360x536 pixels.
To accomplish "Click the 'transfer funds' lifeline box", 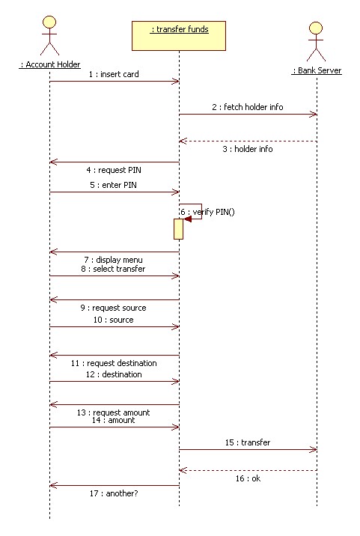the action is click(179, 36).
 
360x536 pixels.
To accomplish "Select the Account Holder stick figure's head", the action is click(49, 22).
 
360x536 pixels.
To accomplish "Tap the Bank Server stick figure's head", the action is click(316, 28).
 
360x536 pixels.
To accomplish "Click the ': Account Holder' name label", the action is click(50, 64).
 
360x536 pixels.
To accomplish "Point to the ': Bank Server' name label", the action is click(317, 70).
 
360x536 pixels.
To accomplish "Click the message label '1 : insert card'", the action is click(114, 74).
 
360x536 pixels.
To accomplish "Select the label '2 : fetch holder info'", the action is click(248, 107).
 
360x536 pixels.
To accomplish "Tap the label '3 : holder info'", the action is click(248, 149).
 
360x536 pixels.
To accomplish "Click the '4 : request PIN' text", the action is click(114, 170).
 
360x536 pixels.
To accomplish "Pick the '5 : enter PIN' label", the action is click(114, 185).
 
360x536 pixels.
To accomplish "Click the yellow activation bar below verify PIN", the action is click(178, 229).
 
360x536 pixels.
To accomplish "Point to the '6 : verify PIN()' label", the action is click(207, 212).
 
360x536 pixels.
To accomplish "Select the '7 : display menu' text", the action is click(114, 260).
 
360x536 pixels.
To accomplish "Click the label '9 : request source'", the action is click(114, 308).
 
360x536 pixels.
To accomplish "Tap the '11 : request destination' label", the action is click(114, 363).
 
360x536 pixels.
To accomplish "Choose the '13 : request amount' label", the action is click(114, 412).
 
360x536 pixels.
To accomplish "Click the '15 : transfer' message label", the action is click(248, 442).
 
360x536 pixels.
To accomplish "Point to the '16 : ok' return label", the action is click(248, 478).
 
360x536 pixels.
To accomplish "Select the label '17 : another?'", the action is click(114, 493).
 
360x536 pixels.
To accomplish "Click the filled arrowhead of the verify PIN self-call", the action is click(188, 219).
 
